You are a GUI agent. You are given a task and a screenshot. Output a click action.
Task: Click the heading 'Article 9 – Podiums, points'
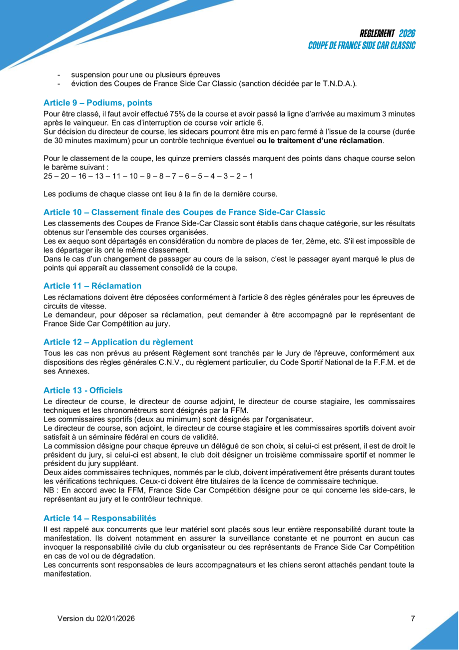tap(98, 103)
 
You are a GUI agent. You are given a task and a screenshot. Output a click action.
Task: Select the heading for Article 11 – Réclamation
tap(92, 286)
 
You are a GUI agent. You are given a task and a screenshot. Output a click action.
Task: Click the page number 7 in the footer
tap(413, 618)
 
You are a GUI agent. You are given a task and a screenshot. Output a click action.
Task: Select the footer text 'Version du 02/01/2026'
tap(96, 618)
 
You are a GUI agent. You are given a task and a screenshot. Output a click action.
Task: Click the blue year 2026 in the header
tap(407, 33)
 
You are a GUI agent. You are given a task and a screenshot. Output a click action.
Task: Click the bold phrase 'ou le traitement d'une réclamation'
tap(320, 140)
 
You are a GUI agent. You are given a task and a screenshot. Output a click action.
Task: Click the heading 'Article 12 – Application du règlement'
tap(118, 342)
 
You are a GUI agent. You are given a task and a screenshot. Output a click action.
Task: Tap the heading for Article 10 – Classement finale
tap(184, 212)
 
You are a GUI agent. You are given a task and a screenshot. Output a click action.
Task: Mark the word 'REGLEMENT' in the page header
tap(377, 33)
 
